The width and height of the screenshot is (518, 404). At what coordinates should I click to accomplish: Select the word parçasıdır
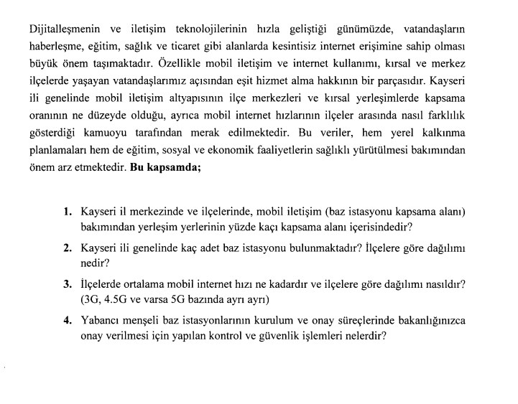click(393, 81)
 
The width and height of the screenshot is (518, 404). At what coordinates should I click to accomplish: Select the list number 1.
click(68, 212)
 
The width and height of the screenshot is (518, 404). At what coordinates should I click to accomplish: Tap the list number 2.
click(68, 248)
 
